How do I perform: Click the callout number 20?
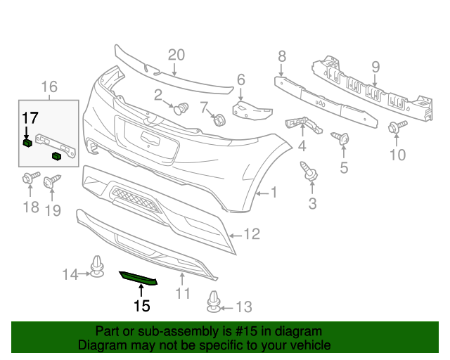(x=176, y=56)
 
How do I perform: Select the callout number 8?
(x=282, y=56)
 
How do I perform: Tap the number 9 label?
(x=375, y=67)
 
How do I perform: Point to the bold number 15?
(x=142, y=306)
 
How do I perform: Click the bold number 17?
(x=30, y=117)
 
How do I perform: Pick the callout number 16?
(x=49, y=87)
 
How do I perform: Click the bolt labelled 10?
(x=394, y=127)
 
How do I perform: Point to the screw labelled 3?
(x=309, y=171)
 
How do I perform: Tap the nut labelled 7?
(x=219, y=120)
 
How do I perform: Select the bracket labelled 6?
(x=250, y=110)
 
